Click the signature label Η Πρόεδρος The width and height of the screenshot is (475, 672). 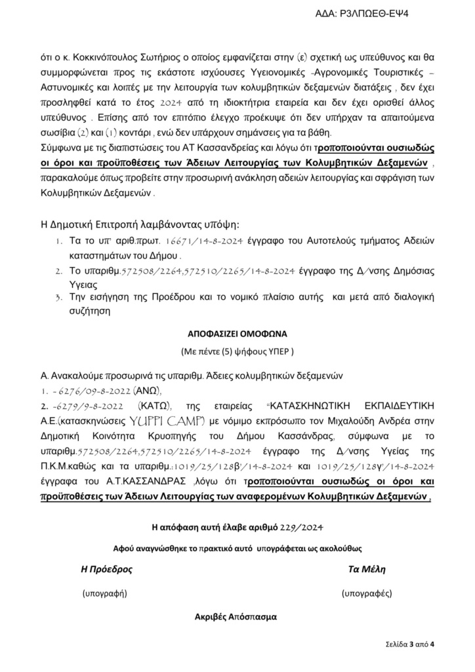click(106, 570)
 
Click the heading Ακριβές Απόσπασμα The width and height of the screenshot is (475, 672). click(236, 617)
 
